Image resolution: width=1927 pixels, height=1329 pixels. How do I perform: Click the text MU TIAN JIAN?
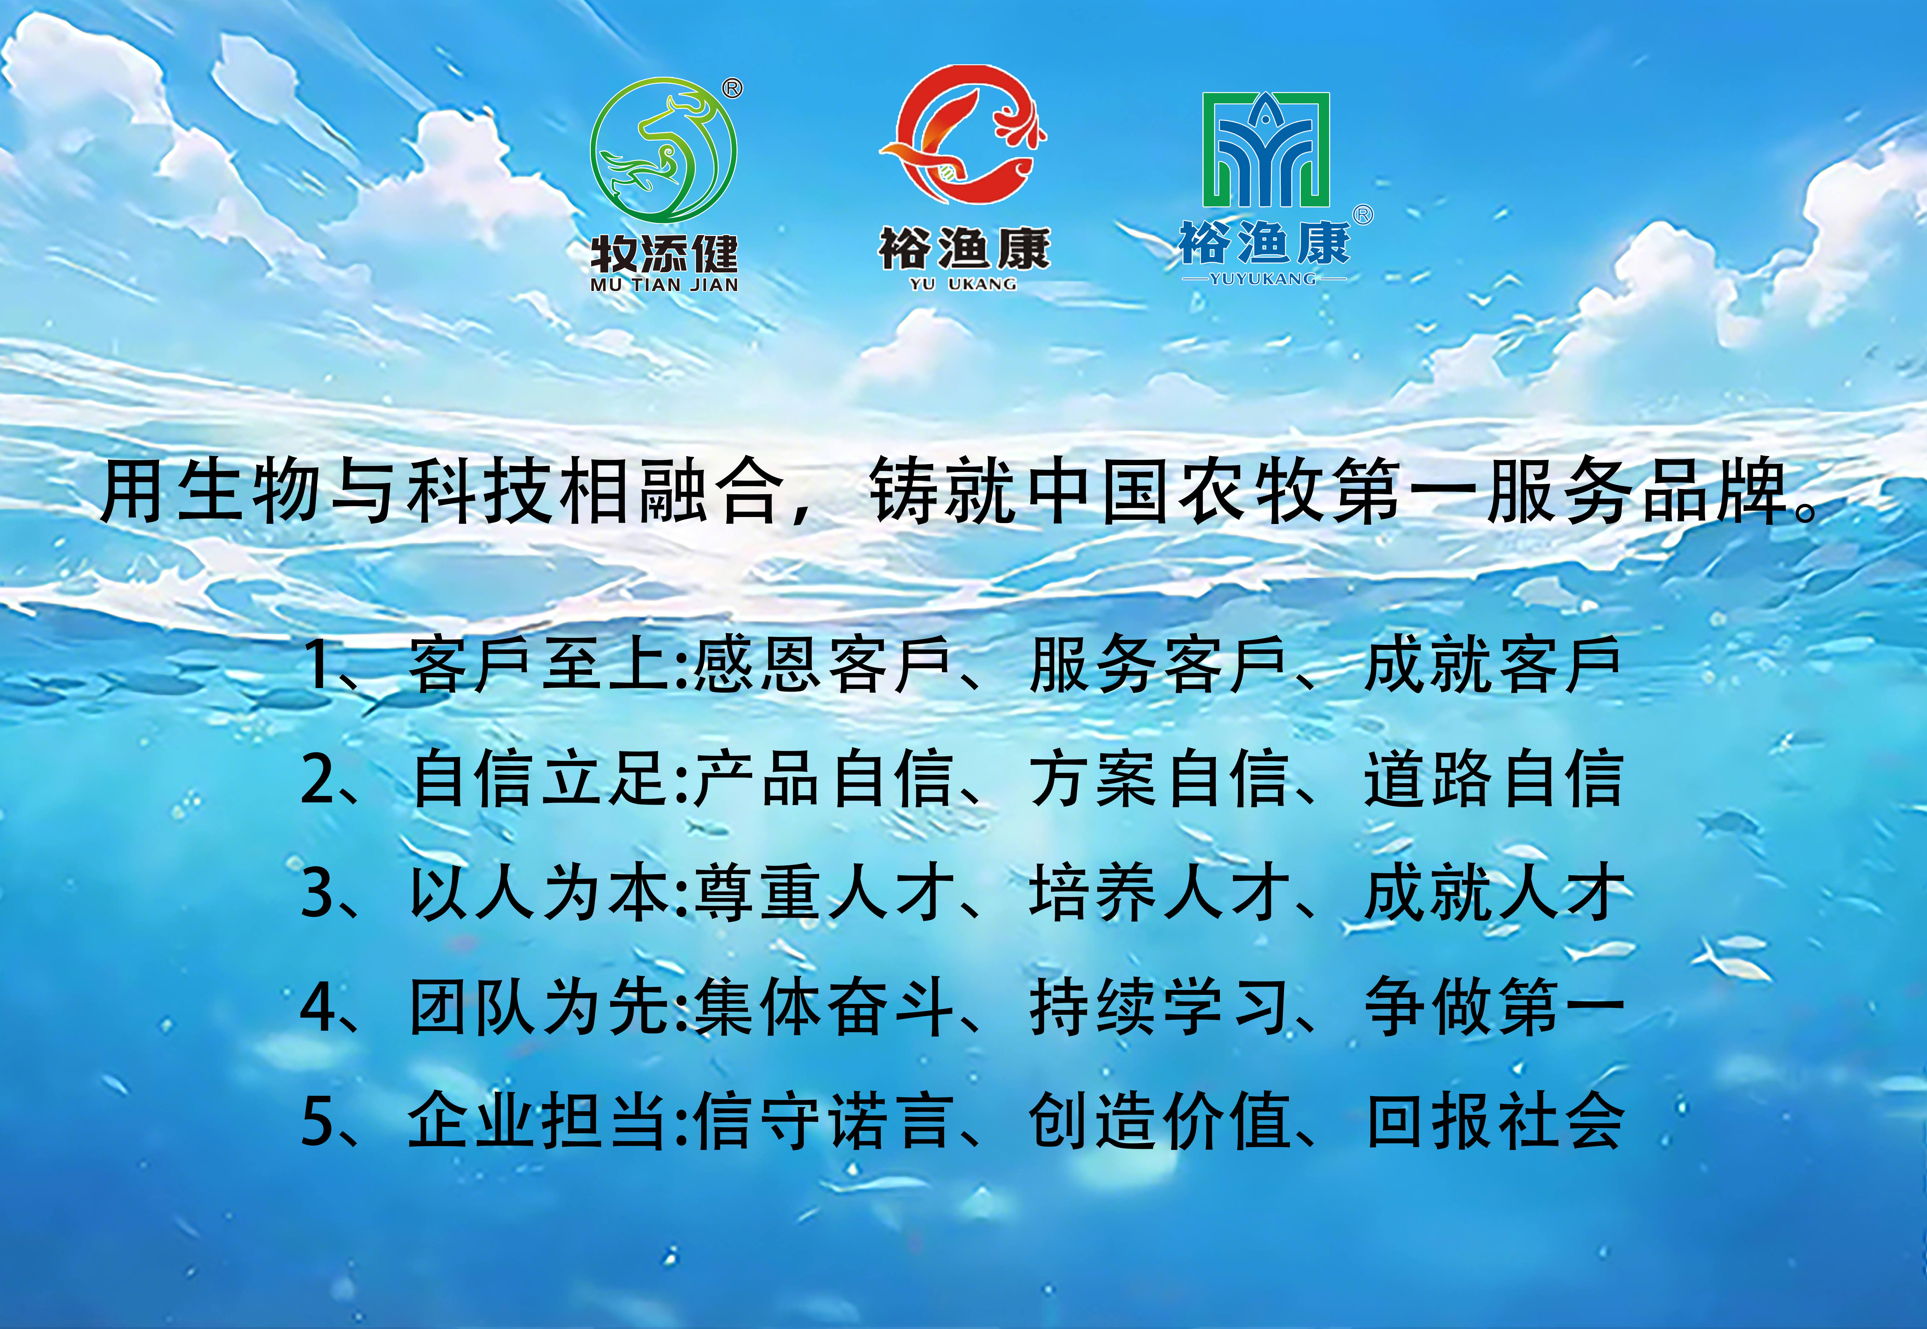(x=664, y=285)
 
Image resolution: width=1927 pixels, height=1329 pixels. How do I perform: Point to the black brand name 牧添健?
(x=664, y=253)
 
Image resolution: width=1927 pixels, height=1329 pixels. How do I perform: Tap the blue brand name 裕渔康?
(x=1264, y=243)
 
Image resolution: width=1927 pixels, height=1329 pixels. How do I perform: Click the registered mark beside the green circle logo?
(x=732, y=88)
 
